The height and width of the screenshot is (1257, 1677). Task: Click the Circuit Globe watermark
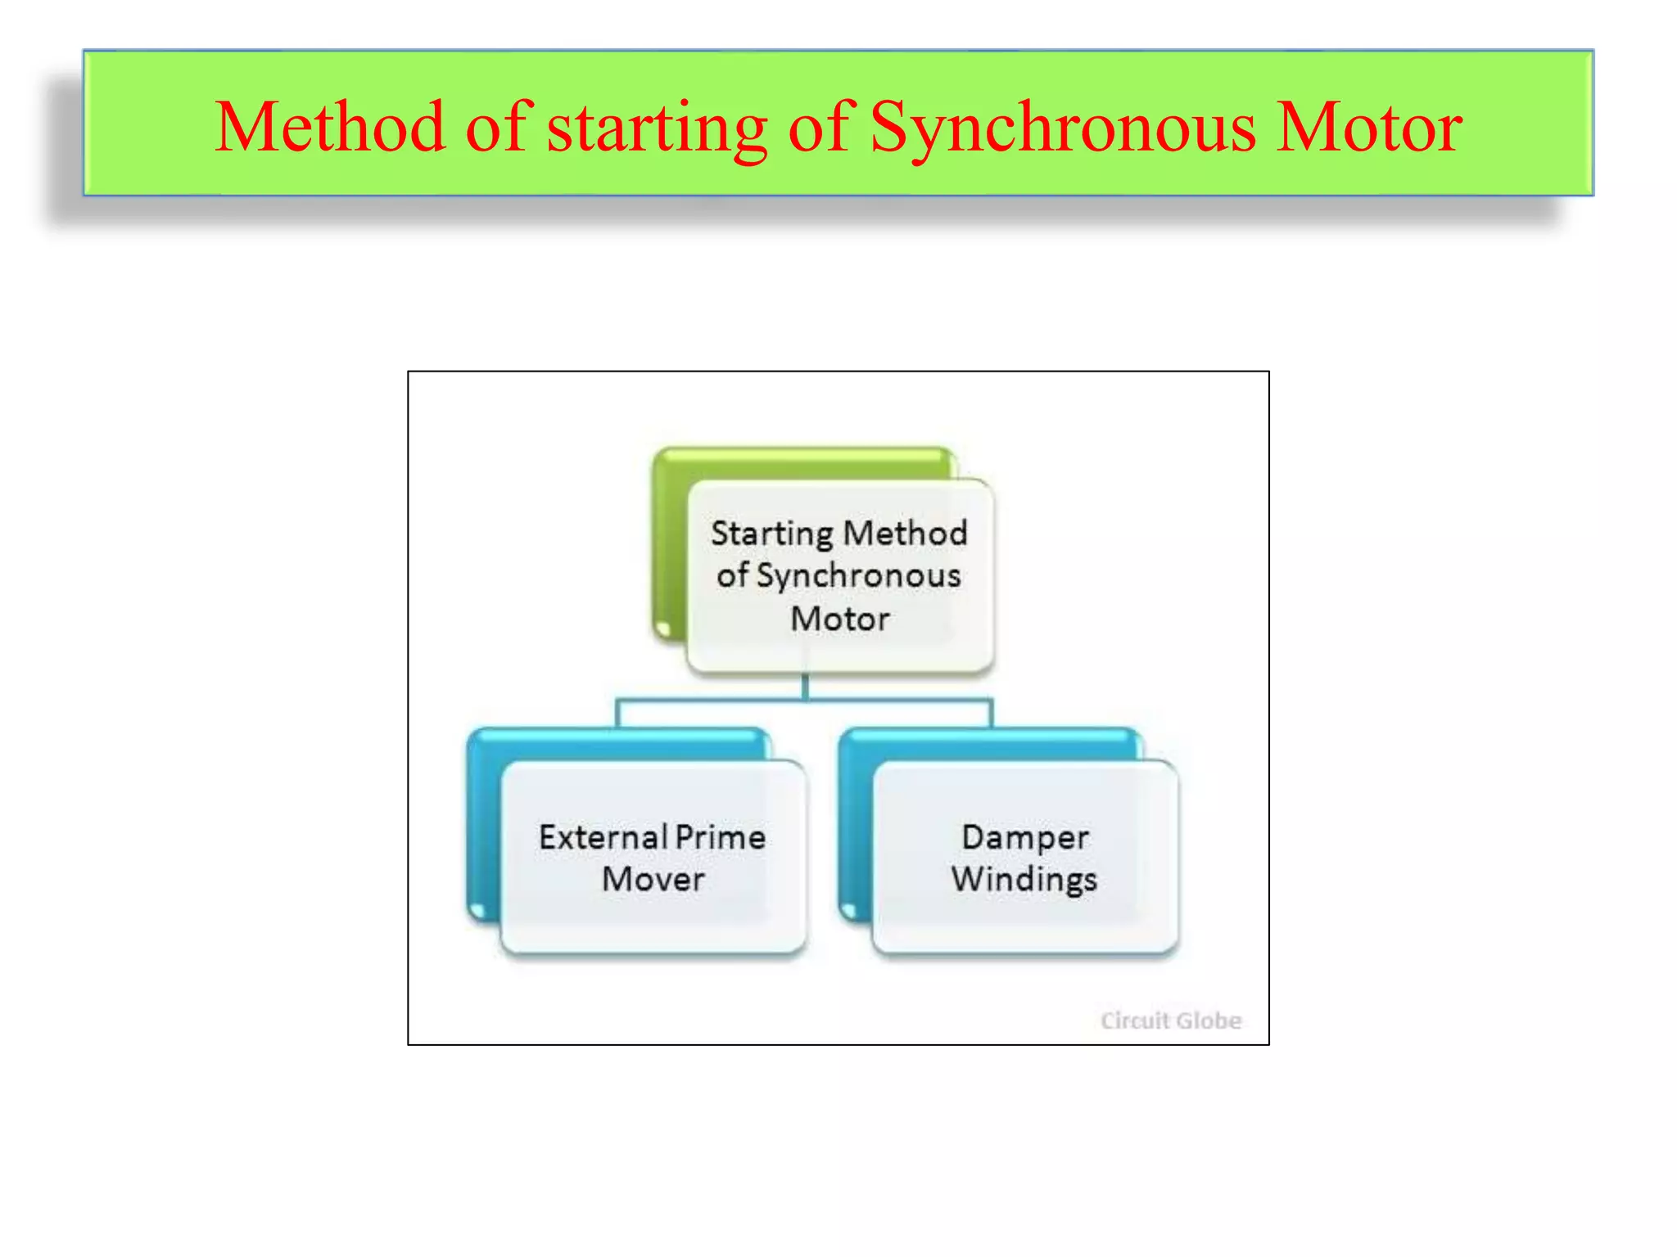pos(1170,1020)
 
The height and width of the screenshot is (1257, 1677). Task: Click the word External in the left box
pos(603,837)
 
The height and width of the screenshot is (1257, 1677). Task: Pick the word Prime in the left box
pos(721,837)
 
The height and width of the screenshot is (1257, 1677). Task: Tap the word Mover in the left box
pos(653,880)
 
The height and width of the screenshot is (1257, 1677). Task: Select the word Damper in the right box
pos(1025,837)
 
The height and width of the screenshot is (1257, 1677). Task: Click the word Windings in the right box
pos(1024,880)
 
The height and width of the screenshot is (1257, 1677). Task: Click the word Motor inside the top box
pos(839,619)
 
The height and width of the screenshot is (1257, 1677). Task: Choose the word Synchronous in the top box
pos(858,576)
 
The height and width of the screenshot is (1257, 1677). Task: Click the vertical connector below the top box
pos(806,686)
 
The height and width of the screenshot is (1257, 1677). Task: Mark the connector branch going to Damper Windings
pos(990,713)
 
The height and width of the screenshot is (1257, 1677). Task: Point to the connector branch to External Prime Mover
pos(617,713)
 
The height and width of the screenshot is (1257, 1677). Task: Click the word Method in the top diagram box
pos(905,534)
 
